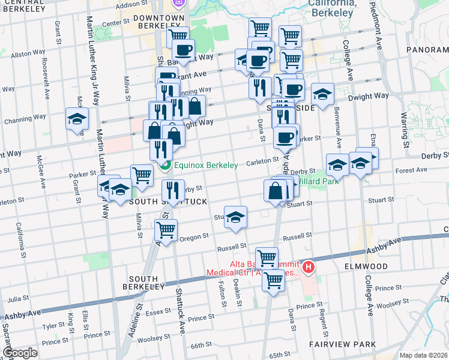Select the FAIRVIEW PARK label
[x=342, y=344]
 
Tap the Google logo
[x=19, y=353]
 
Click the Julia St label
[x=18, y=298]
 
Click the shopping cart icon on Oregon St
[x=166, y=229]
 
